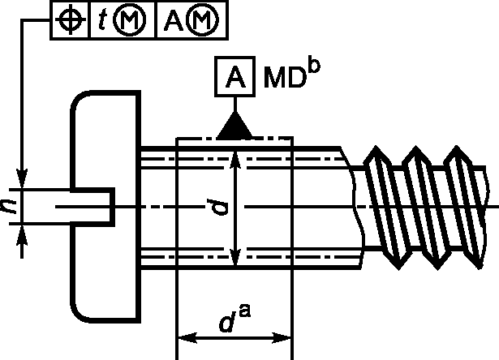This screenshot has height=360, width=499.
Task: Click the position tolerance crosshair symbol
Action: point(71,19)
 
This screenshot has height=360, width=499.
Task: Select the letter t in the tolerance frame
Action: point(102,20)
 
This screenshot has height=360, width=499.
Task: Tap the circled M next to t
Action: point(131,20)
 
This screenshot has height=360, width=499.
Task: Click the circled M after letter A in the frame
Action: point(203,20)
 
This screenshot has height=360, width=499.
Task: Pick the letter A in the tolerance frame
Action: point(174,20)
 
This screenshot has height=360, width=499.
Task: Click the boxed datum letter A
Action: point(235,76)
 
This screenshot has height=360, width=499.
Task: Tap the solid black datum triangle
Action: point(235,126)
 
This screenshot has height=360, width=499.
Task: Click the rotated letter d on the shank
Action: point(217,207)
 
